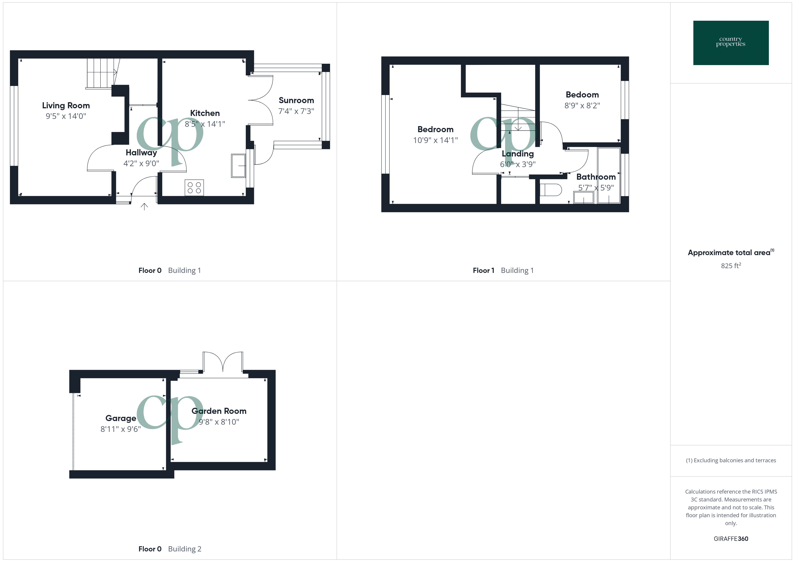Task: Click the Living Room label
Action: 66,106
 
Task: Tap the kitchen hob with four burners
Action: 194,188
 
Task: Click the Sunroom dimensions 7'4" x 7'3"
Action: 296,111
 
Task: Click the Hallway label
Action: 141,153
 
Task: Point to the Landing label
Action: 518,154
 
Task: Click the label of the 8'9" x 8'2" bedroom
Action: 582,95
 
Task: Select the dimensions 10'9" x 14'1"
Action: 435,140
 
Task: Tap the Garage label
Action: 121,418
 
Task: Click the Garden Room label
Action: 219,411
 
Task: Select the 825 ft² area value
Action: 731,266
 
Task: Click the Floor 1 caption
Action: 483,271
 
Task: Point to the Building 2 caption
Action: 185,549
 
